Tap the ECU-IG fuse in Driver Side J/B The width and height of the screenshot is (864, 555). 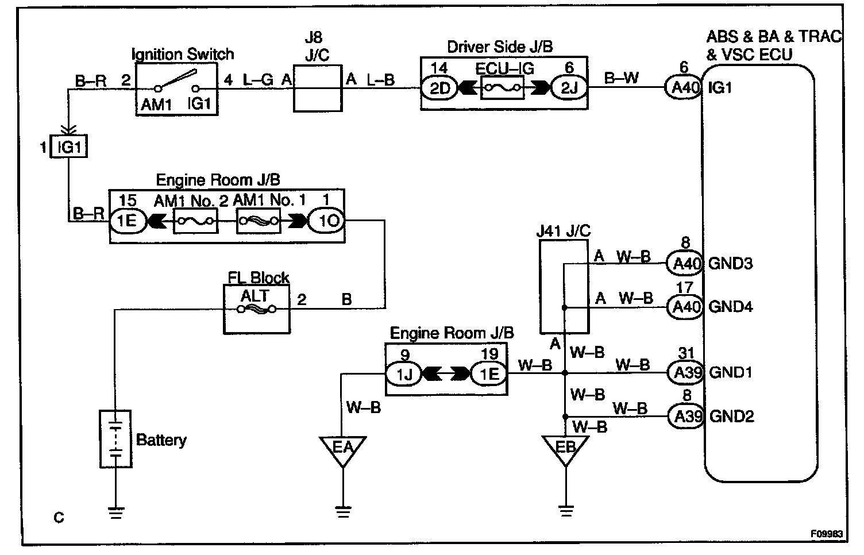(503, 88)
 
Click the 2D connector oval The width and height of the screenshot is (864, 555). (439, 88)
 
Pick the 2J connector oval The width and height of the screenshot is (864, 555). (568, 88)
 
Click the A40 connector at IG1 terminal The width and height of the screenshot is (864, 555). (684, 88)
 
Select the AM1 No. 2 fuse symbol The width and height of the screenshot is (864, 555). (195, 221)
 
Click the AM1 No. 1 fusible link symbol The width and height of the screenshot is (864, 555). (259, 221)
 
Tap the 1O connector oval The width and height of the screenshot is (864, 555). (326, 221)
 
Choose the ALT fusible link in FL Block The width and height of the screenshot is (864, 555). (256, 310)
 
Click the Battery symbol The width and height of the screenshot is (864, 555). (115, 438)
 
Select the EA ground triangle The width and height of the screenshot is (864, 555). (342, 448)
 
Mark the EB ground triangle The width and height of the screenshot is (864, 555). (565, 448)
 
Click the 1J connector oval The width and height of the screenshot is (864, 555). (403, 375)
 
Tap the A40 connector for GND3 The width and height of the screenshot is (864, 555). (684, 264)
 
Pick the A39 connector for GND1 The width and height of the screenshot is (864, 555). (685, 372)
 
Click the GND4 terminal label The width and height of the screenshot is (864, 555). (730, 306)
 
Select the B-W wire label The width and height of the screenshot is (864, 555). (622, 78)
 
